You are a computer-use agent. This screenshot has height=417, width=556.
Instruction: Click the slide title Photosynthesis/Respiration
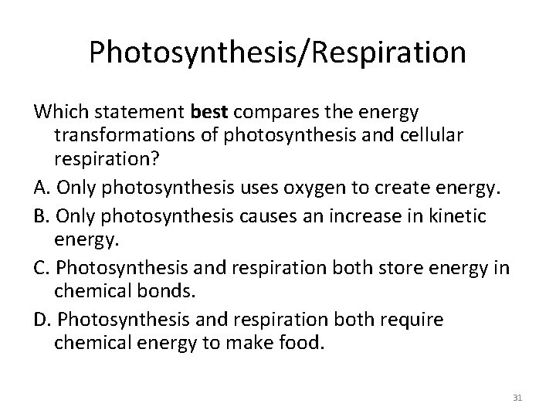(277, 53)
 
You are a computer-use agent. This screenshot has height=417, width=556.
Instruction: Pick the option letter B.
(40, 217)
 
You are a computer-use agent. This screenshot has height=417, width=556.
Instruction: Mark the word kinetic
(460, 217)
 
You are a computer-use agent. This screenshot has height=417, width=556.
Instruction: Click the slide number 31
(517, 398)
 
